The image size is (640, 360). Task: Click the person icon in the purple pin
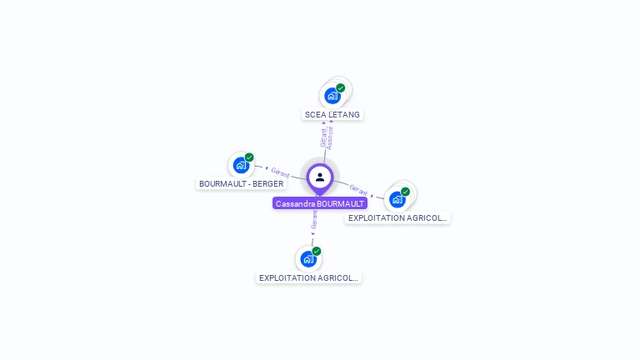click(x=320, y=177)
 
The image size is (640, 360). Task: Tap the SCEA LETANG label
click(x=332, y=114)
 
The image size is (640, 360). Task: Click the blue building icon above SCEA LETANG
click(x=332, y=95)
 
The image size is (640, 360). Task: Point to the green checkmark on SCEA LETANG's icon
click(x=341, y=87)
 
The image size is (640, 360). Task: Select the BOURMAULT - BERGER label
click(x=241, y=183)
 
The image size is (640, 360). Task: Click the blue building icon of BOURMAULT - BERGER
click(x=241, y=165)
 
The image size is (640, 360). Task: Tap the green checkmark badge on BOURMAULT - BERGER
click(x=249, y=157)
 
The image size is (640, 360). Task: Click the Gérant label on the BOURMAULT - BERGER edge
click(x=280, y=172)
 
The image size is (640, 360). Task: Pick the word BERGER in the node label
click(x=268, y=183)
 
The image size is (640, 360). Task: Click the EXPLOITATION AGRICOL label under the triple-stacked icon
click(x=397, y=218)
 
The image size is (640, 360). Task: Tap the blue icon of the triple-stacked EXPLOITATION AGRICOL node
click(x=397, y=199)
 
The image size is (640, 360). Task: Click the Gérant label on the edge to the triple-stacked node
click(x=359, y=189)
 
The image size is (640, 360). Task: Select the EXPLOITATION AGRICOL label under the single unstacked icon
click(x=308, y=277)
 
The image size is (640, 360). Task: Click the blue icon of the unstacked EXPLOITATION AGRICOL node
click(x=308, y=258)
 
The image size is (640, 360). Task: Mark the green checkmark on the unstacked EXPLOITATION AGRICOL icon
click(x=317, y=251)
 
